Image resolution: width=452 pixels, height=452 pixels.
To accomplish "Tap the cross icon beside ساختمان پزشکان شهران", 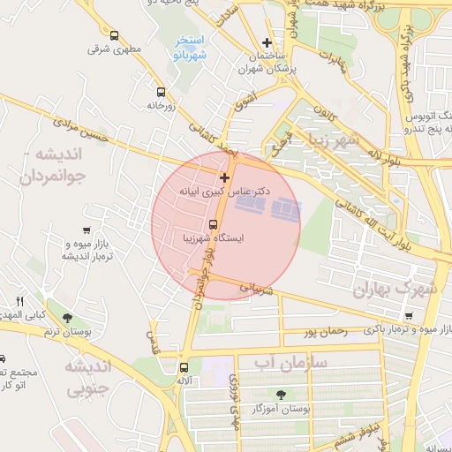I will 267,42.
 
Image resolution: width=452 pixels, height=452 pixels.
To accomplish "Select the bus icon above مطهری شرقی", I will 114,35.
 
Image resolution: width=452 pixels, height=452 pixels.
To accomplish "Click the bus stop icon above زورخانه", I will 161,91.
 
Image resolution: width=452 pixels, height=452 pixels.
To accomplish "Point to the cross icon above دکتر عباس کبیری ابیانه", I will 224,177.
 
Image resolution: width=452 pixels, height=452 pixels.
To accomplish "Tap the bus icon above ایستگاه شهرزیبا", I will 213,223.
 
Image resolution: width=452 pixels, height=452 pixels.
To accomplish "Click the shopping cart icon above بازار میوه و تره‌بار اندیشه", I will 86,217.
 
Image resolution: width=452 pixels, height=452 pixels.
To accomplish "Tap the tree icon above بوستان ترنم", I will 68,317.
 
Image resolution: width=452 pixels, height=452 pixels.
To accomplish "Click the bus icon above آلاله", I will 184,367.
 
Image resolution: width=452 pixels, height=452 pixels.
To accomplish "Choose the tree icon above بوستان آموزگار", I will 281,395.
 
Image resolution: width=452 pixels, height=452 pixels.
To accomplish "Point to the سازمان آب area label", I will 290,362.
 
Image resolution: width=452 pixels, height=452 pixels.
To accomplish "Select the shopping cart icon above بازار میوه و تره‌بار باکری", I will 408,316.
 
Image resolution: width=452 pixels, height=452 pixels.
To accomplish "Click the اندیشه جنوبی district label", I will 87,376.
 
